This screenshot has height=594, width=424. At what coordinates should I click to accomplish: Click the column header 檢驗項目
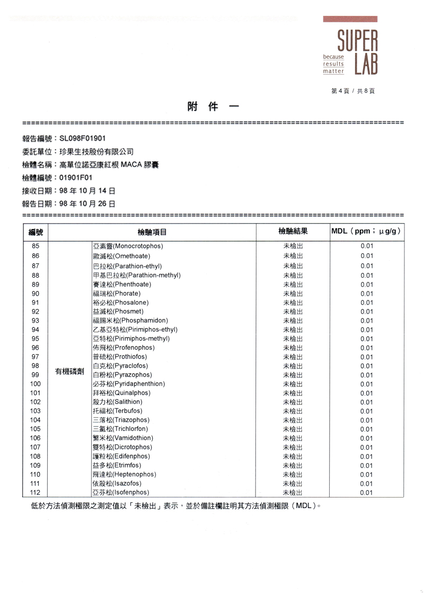[x=152, y=232]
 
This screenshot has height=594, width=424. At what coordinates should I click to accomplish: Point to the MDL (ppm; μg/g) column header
[x=366, y=232]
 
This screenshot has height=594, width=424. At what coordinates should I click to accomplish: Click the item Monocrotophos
[x=128, y=246]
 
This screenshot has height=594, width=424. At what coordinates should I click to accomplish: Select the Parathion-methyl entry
[x=137, y=275]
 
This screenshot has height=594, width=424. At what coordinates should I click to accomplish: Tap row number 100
[x=36, y=384]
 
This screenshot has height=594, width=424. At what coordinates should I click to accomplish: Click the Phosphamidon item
[x=130, y=321]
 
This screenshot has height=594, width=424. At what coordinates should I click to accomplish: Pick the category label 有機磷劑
[x=69, y=371]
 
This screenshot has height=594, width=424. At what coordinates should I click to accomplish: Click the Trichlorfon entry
[x=120, y=429]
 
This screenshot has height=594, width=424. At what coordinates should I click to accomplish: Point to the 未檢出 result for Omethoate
[x=293, y=256]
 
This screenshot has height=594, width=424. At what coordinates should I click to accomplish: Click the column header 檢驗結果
[x=293, y=232]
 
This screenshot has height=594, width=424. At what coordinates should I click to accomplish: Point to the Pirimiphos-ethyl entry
[x=135, y=330]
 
